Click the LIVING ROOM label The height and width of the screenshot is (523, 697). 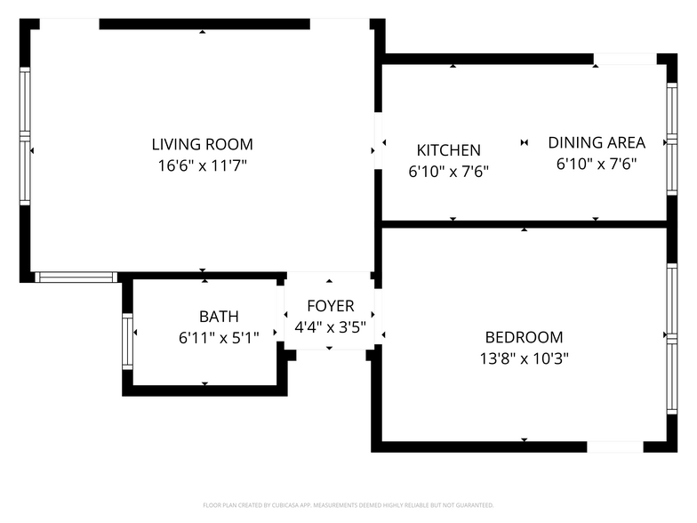[x=202, y=144]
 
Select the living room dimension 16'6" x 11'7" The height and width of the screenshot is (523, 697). [x=202, y=165]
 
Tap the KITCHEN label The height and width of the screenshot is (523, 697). [x=448, y=151]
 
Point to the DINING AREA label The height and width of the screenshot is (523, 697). [x=596, y=142]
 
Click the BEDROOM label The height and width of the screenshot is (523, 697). [x=524, y=337]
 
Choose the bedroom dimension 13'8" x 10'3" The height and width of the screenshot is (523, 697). [x=524, y=358]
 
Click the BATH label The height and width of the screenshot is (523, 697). [x=219, y=317]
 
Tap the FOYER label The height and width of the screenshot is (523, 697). [x=330, y=305]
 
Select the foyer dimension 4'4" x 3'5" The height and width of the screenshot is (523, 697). [x=330, y=326]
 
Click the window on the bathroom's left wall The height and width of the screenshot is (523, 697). [x=127, y=341]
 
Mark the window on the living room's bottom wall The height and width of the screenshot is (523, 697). [x=76, y=278]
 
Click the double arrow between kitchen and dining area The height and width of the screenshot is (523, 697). [x=524, y=142]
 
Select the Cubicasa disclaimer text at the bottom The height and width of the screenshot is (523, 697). [x=348, y=504]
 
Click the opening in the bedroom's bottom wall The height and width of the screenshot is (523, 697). [x=615, y=447]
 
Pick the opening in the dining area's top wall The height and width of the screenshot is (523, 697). [x=625, y=59]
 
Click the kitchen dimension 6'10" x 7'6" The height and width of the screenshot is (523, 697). [x=448, y=173]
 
